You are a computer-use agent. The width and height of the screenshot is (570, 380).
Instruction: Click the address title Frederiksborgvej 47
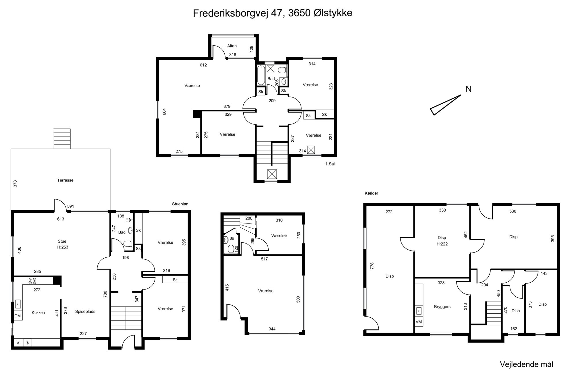tap(239, 13)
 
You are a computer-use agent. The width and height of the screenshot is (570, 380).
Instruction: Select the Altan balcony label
tap(232, 46)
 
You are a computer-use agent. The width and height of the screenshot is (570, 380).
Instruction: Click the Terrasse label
tap(65, 180)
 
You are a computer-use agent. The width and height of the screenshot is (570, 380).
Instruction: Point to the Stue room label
tap(62, 242)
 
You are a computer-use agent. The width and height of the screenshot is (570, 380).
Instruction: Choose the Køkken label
tap(38, 313)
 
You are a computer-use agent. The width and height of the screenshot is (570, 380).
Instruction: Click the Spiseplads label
tap(85, 311)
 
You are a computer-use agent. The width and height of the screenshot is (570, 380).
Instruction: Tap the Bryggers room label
tap(442, 307)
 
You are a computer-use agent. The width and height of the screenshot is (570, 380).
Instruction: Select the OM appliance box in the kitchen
tap(18, 316)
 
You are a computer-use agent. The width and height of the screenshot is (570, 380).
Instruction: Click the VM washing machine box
tap(419, 322)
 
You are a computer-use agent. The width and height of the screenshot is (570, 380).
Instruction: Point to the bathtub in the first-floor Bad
tap(261, 75)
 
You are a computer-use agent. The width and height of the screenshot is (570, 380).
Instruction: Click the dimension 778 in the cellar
tap(372, 265)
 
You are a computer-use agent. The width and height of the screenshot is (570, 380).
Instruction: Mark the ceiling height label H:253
tap(63, 247)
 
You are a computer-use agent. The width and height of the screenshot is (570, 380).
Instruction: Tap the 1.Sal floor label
tap(330, 164)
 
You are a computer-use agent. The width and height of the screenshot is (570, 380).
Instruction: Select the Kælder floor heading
tap(371, 193)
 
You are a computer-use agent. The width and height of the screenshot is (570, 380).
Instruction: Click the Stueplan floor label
tap(180, 204)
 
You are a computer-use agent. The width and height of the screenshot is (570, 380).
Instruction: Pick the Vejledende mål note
tap(527, 364)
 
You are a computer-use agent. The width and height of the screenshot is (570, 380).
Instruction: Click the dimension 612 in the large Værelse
tap(203, 65)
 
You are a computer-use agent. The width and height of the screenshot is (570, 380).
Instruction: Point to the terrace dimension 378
tap(16, 184)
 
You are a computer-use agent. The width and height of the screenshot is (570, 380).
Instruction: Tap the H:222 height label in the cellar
tap(442, 244)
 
